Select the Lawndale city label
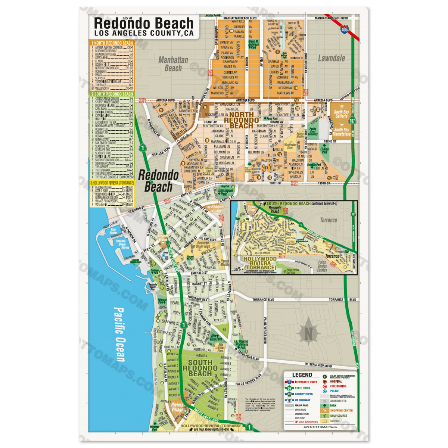[332, 58]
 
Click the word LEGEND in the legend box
[302, 375]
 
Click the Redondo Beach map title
[144, 23]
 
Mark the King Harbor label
[113, 231]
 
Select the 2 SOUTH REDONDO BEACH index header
[112, 94]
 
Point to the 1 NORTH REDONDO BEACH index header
[112, 43]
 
